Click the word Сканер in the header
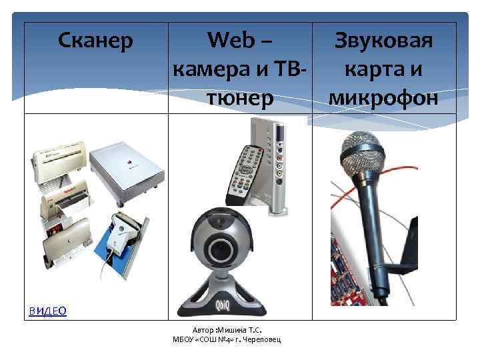click(96, 41)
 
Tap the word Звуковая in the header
click(385, 41)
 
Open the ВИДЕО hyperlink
click(47, 311)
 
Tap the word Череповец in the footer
click(261, 340)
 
